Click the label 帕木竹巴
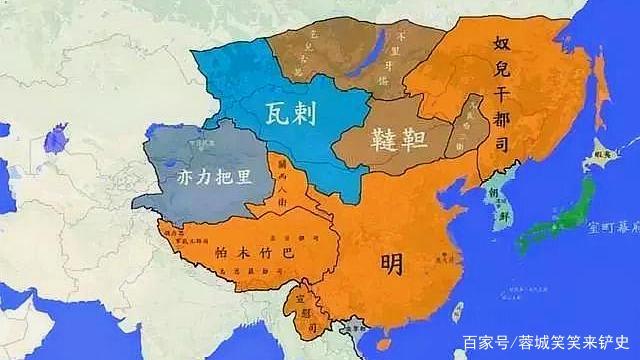click(254, 253)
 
